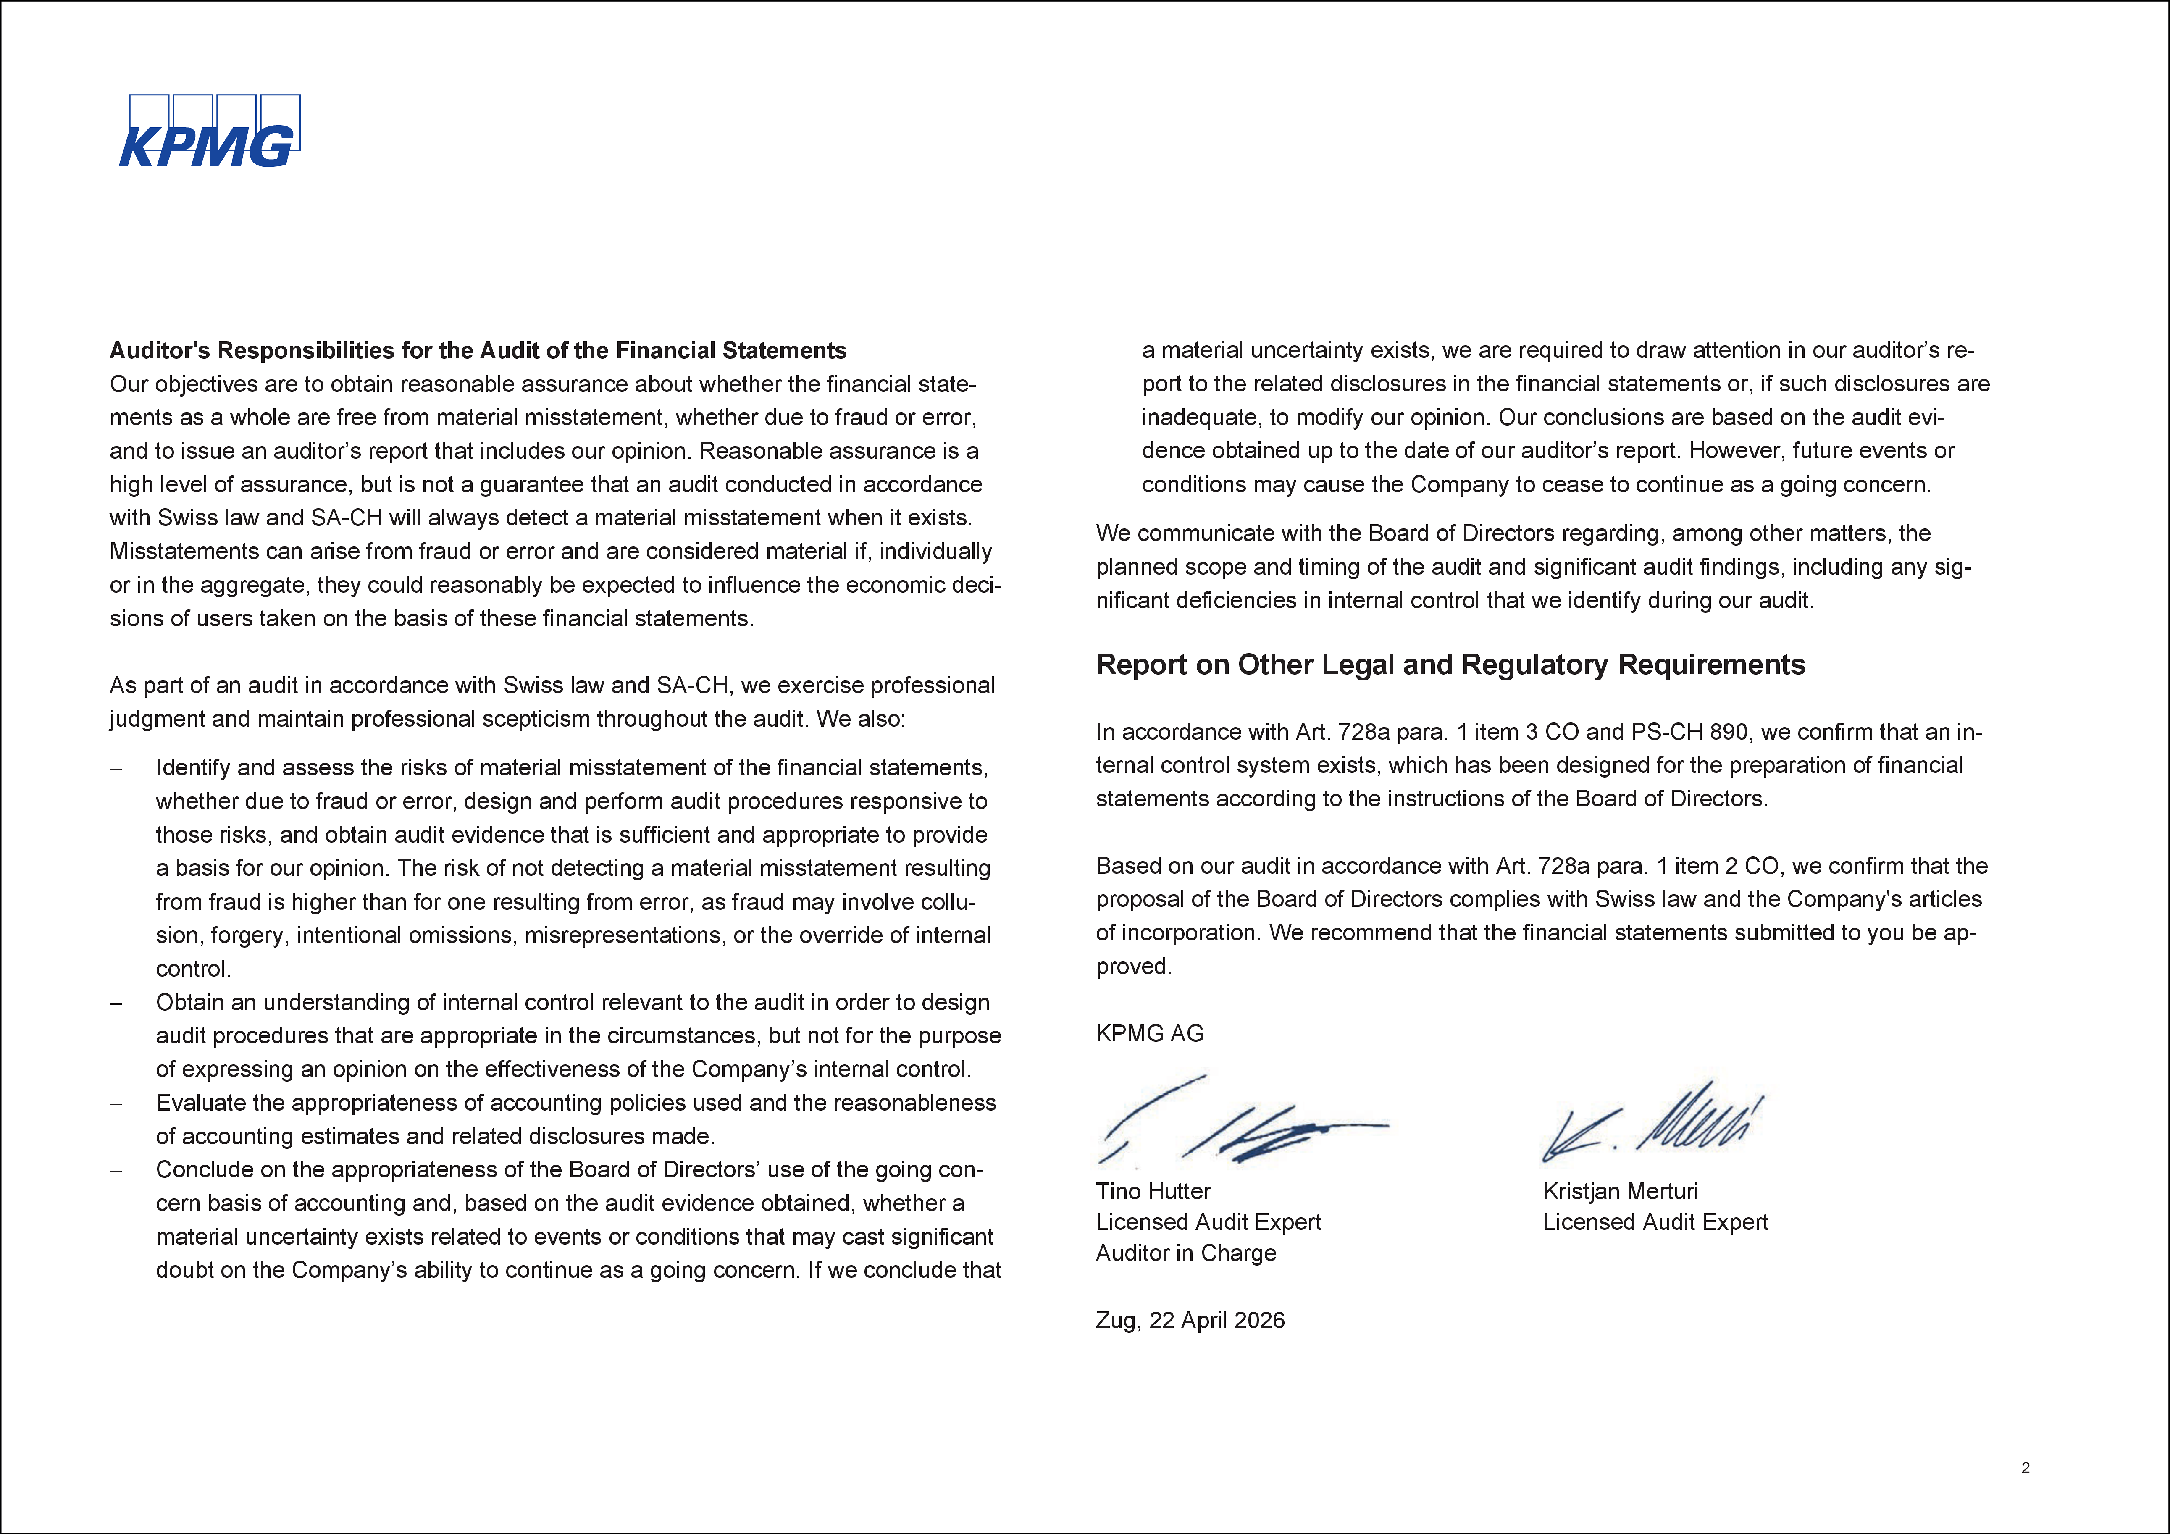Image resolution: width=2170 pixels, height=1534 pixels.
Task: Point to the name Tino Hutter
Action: tap(1153, 1191)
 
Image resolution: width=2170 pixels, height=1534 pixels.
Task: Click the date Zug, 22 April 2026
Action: tap(1190, 1320)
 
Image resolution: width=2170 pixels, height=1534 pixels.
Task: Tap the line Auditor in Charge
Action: tap(1185, 1253)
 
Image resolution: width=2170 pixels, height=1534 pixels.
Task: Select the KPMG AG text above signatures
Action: tap(1149, 1033)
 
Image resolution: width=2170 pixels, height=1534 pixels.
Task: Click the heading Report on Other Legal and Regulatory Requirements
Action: tap(1450, 665)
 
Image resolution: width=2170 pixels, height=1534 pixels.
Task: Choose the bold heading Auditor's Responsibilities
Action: tap(477, 351)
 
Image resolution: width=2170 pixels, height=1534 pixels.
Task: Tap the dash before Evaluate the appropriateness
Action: tap(116, 1104)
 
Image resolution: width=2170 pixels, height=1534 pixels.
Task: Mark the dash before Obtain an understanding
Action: tap(116, 1003)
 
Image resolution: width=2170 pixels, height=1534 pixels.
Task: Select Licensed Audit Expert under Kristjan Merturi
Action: tap(1655, 1222)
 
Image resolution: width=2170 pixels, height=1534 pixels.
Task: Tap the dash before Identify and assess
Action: tap(116, 768)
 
